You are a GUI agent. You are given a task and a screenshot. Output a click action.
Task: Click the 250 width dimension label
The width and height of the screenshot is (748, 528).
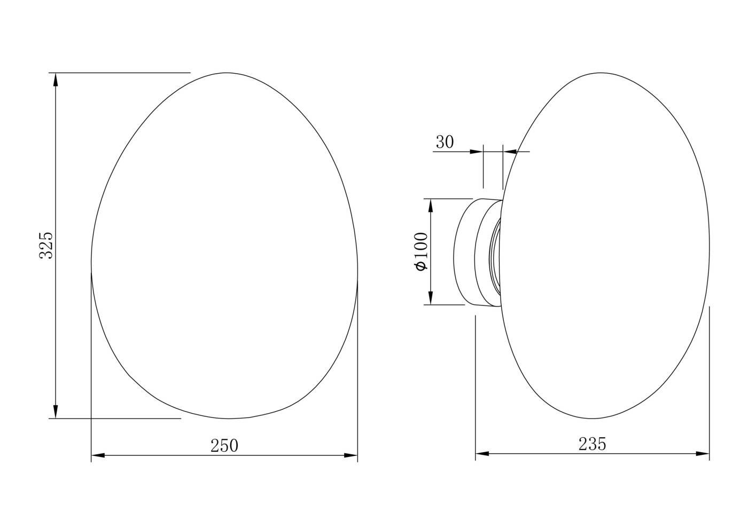coord(224,446)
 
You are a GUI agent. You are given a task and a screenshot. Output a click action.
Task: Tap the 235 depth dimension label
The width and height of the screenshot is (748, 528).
coord(592,444)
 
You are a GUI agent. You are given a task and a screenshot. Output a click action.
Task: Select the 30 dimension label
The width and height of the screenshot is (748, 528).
coord(445,142)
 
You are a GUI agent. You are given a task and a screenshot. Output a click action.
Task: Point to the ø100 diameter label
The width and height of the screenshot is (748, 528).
coord(422,251)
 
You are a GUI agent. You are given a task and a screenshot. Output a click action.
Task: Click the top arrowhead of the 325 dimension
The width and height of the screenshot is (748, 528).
coord(56,80)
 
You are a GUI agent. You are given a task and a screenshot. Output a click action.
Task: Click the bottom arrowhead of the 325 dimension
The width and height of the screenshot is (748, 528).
coord(56,411)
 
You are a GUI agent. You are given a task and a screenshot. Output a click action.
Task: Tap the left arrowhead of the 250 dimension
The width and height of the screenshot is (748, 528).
coord(98,455)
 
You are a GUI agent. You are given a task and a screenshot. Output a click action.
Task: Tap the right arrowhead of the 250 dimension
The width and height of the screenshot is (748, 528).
coord(350,455)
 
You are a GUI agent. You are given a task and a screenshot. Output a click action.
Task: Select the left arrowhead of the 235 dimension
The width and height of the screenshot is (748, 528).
coord(482,454)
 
